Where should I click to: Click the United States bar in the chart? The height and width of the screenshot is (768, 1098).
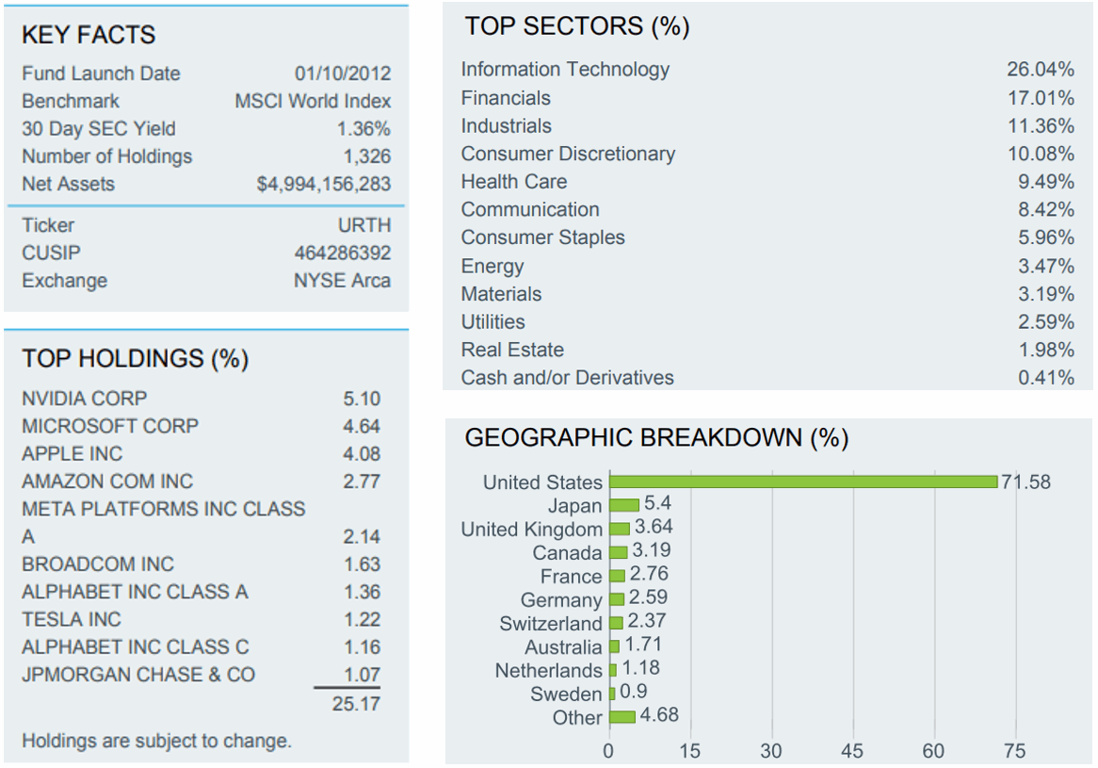point(802,482)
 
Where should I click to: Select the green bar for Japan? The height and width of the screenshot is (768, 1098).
point(623,505)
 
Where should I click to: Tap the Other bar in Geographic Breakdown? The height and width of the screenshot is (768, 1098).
point(622,717)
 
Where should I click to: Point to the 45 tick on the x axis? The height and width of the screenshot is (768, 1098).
point(853,751)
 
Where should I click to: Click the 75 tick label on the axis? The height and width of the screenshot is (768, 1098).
point(1015,751)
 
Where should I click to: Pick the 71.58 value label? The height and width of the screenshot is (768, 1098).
point(1025,482)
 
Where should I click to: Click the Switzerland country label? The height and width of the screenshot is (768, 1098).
point(551,624)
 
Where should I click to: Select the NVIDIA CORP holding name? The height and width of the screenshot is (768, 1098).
point(85,398)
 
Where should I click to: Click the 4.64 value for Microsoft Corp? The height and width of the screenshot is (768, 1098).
point(362,426)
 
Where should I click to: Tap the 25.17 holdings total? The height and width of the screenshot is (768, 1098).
point(356,703)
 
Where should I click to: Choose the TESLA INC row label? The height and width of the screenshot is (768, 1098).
point(72,619)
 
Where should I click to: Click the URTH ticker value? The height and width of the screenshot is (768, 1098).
point(364,225)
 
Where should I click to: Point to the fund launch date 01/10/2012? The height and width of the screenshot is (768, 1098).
point(342,74)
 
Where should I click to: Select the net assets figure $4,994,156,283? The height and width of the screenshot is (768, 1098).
point(324,184)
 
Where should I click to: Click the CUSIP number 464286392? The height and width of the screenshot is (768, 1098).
point(342,253)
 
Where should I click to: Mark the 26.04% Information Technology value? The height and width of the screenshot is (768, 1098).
point(1041,69)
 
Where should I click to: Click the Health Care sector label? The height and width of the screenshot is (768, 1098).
point(514,181)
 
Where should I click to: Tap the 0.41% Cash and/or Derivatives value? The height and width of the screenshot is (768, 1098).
point(1046,378)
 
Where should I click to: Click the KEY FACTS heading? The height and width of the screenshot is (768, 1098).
point(89,35)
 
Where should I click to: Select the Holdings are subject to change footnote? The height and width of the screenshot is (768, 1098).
point(156,741)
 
